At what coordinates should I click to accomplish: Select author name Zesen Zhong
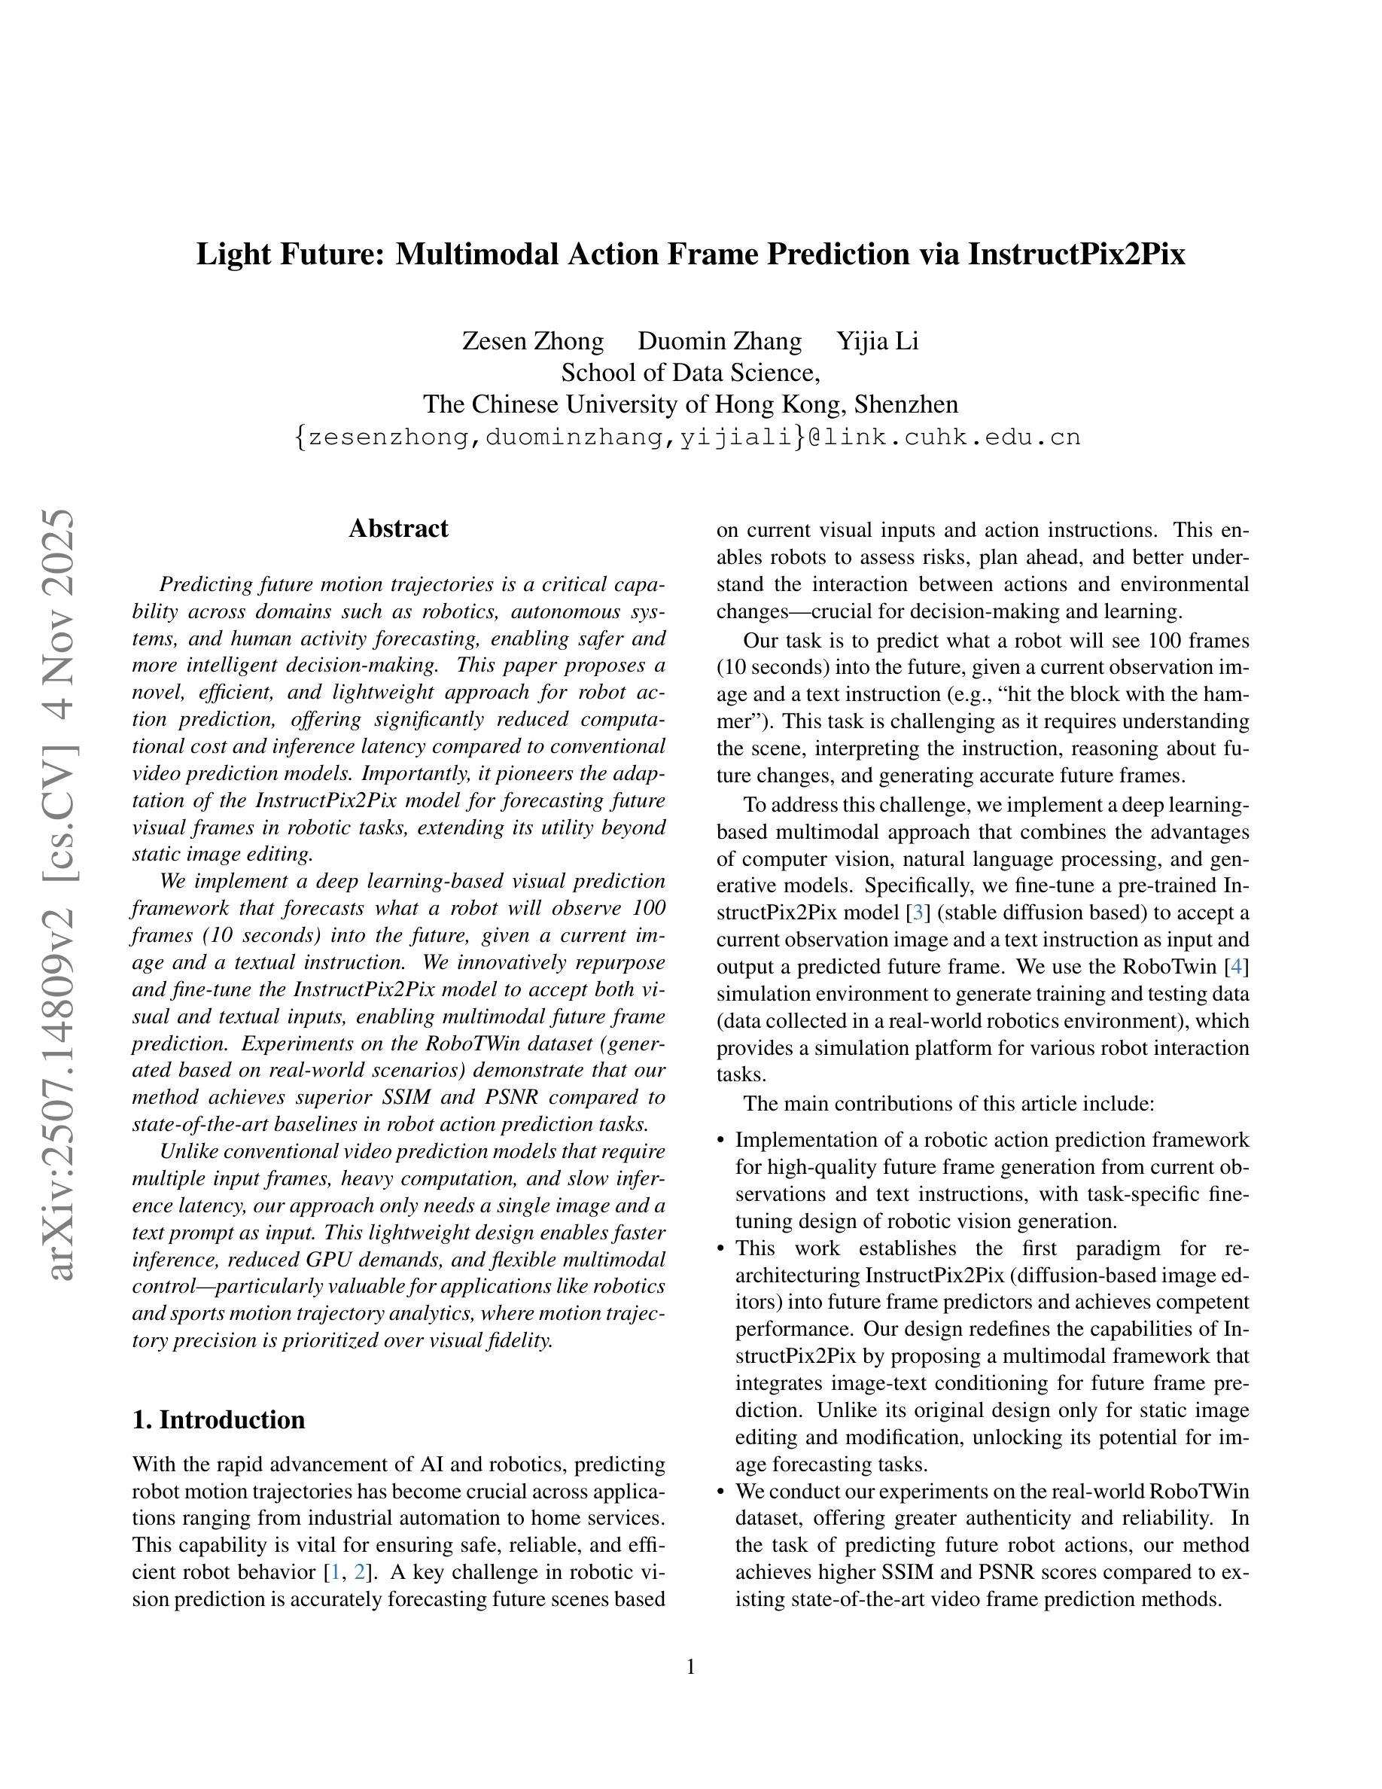coord(532,341)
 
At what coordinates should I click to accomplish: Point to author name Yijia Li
coord(877,341)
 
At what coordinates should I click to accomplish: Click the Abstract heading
coord(398,529)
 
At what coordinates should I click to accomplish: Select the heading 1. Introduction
coord(218,1419)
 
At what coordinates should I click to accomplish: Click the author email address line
coord(688,437)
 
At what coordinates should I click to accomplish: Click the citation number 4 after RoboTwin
coord(1236,967)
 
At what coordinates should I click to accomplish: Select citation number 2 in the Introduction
coord(359,1572)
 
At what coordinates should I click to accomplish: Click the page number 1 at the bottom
coord(690,1667)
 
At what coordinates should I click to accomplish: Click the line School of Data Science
coord(690,373)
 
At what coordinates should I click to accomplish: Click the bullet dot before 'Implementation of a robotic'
coord(720,1141)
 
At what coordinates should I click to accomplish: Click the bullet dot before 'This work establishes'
coord(720,1248)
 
